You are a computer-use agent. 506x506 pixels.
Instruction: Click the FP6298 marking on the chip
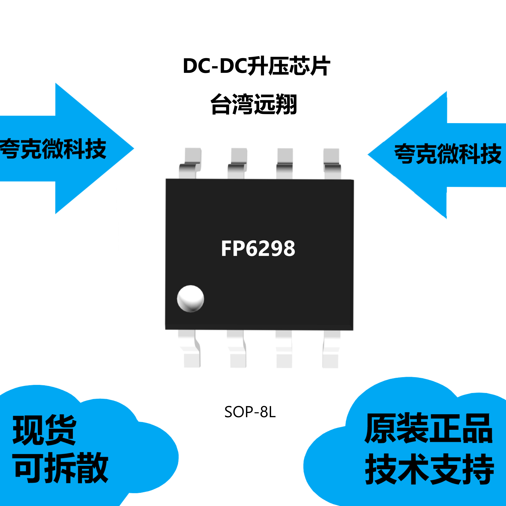(258, 248)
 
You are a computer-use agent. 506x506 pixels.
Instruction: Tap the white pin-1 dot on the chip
(190, 299)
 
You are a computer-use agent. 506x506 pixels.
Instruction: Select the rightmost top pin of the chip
(332, 163)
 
